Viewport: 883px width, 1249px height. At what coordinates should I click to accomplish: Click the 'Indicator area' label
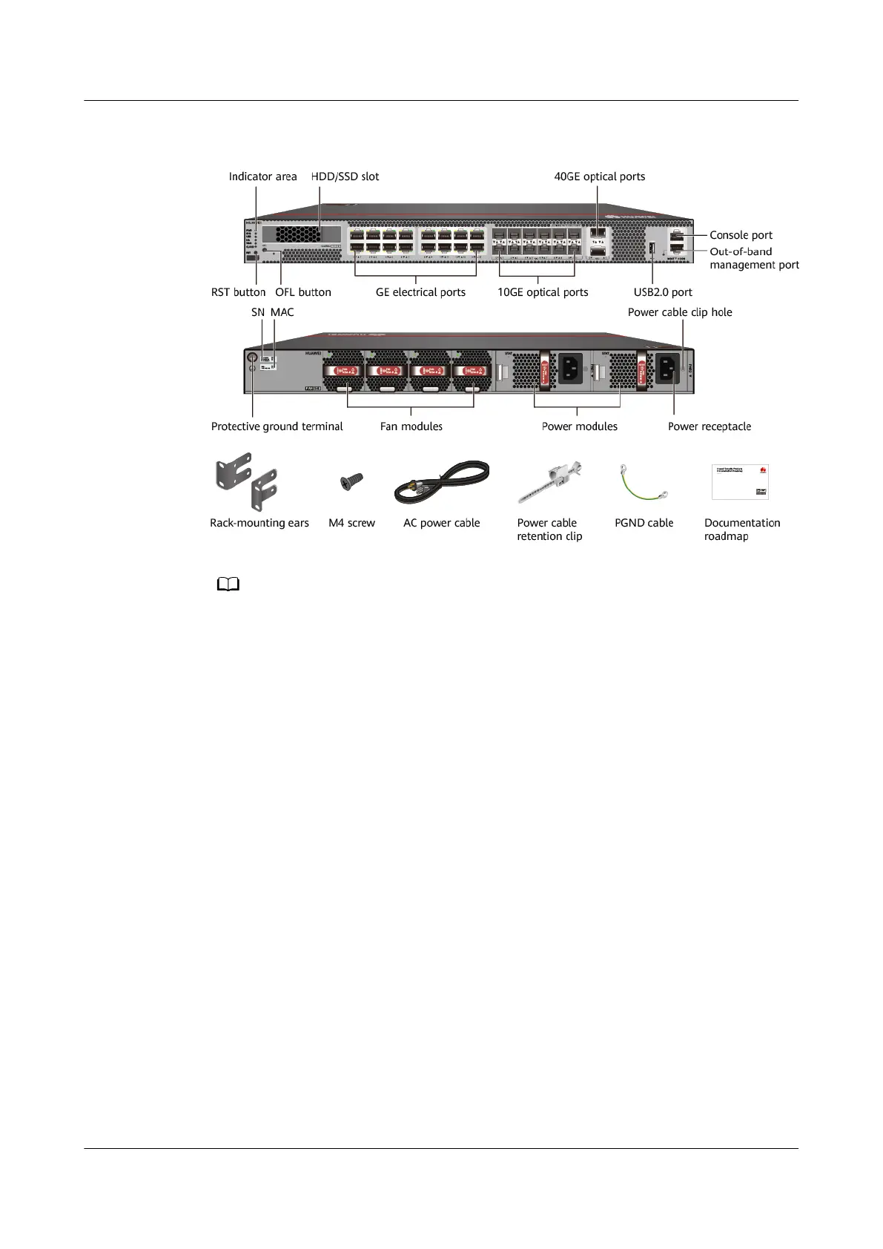tap(262, 177)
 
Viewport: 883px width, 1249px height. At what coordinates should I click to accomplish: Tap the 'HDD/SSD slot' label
tap(345, 177)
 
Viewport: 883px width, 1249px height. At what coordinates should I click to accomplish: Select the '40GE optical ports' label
tap(599, 177)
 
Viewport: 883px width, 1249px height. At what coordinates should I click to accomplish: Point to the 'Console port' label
tap(741, 235)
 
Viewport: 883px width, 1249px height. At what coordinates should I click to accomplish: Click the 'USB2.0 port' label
tap(662, 292)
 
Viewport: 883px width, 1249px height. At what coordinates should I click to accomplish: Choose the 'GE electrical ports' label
tap(420, 292)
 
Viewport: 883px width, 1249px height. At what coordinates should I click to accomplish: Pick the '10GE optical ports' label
tap(543, 292)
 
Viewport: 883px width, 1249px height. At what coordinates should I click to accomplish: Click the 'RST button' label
tap(238, 292)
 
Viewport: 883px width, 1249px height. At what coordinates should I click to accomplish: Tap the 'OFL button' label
tap(302, 292)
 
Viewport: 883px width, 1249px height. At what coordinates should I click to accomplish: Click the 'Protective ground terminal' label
tap(277, 426)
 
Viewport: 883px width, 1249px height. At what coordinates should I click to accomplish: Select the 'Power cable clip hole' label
tap(679, 312)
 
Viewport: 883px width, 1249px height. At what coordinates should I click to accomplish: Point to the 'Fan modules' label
tap(411, 426)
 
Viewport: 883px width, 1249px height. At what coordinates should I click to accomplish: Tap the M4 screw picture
tap(347, 483)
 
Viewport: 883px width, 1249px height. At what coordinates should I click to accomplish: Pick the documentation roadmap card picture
tap(740, 482)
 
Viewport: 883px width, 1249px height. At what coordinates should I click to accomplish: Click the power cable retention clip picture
tap(549, 482)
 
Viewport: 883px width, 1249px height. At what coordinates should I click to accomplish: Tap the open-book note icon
tap(228, 585)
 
